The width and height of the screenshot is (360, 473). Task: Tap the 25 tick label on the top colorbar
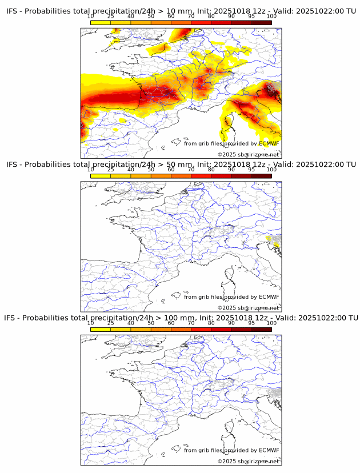(111, 17)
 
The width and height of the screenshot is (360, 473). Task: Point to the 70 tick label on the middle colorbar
(191, 170)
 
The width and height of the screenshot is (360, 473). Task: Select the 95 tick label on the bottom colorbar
(251, 323)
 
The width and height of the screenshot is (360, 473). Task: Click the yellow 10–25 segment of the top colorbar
(101, 22)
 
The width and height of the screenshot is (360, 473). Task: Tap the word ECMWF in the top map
(269, 143)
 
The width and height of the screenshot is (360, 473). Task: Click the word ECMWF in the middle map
(269, 296)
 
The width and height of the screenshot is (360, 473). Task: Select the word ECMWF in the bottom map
(269, 450)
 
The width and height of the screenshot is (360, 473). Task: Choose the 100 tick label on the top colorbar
(271, 17)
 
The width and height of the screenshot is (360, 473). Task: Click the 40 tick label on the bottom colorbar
(131, 323)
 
